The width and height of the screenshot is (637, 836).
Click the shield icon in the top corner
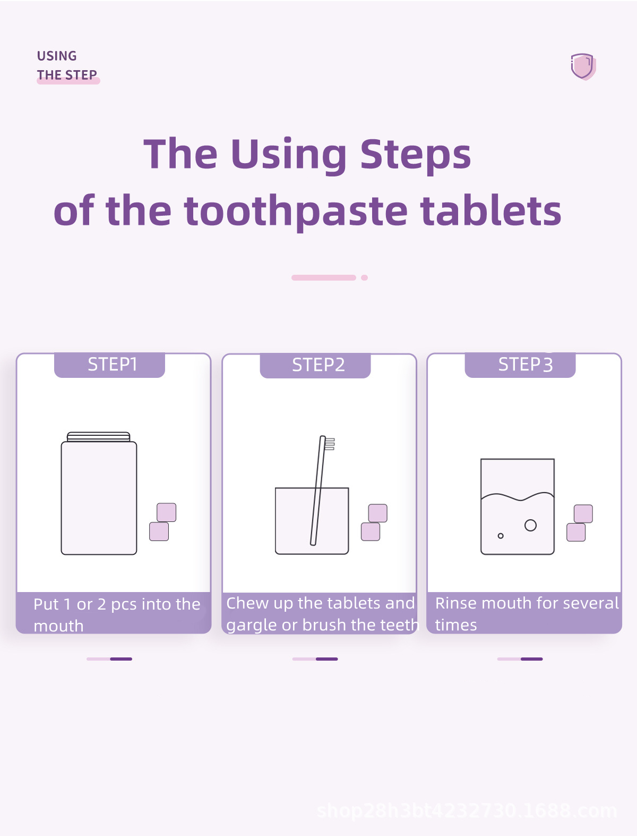[x=583, y=66]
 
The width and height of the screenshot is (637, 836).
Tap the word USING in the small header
[x=57, y=56]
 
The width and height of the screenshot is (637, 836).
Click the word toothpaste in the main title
[x=296, y=211]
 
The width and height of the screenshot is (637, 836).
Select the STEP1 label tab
[x=109, y=365]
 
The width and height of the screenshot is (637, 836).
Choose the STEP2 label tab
[x=315, y=365]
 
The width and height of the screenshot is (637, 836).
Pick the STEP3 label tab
[x=520, y=365]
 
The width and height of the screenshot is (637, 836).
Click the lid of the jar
[x=99, y=437]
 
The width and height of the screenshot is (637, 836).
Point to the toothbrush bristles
[x=330, y=444]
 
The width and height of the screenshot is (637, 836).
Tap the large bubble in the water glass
[x=530, y=525]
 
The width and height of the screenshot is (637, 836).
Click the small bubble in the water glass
[x=501, y=536]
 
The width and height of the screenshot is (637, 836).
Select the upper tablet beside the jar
[x=167, y=512]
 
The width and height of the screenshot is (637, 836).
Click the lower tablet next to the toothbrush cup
[x=371, y=531]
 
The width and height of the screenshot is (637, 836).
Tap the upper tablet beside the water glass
[x=583, y=513]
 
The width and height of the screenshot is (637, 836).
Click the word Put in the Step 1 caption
[x=46, y=604]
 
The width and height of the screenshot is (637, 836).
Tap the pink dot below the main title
[x=364, y=277]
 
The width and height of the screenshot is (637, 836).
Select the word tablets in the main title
[x=491, y=211]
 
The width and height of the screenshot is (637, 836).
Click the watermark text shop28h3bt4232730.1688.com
[x=467, y=810]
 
